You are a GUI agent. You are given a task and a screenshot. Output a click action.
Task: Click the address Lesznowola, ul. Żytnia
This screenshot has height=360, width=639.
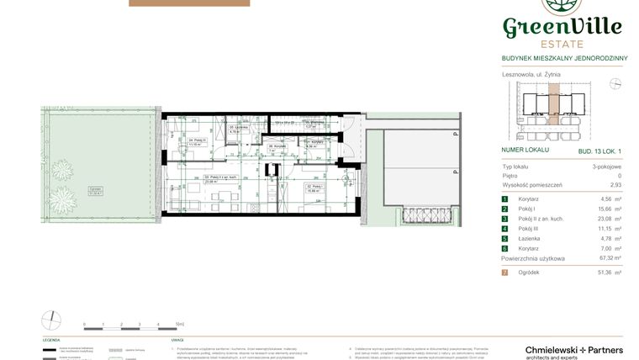tap(531, 74)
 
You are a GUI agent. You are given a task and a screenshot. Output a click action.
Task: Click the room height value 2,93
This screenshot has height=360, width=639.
tap(616, 184)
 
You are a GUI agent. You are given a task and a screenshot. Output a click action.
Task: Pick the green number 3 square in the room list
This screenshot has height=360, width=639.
tap(504, 219)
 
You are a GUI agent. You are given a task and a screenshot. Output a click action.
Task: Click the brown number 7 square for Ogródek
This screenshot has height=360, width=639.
tap(504, 273)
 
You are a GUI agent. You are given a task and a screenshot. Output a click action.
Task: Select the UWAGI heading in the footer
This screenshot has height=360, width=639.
tap(177, 341)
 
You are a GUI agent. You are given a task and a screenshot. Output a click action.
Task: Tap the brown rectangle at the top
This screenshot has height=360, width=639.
tap(189, 3)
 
